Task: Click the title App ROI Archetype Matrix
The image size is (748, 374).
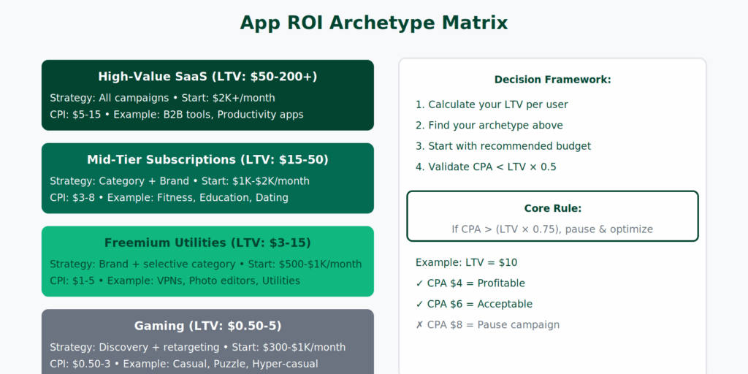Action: (x=374, y=23)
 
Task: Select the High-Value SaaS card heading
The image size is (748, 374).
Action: (x=207, y=76)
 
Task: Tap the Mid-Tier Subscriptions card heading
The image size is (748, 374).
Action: (x=207, y=159)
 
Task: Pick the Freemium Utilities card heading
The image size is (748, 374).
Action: (x=207, y=243)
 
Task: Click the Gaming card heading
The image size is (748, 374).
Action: (x=207, y=326)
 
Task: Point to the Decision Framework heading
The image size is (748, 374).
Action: (x=552, y=80)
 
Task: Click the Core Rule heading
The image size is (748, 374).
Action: (x=552, y=208)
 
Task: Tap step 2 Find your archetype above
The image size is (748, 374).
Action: (x=489, y=126)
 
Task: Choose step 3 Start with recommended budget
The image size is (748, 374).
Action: (x=503, y=146)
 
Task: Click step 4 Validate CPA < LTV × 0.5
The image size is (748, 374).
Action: (x=486, y=167)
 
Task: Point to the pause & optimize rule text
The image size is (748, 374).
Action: (x=552, y=229)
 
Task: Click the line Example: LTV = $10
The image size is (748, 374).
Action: (x=466, y=263)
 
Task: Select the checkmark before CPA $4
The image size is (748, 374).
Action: (x=419, y=283)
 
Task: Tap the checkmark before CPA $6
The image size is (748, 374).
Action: (x=419, y=305)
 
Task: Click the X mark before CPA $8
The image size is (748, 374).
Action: (x=419, y=325)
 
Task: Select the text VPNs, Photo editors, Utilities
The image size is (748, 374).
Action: (x=229, y=280)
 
